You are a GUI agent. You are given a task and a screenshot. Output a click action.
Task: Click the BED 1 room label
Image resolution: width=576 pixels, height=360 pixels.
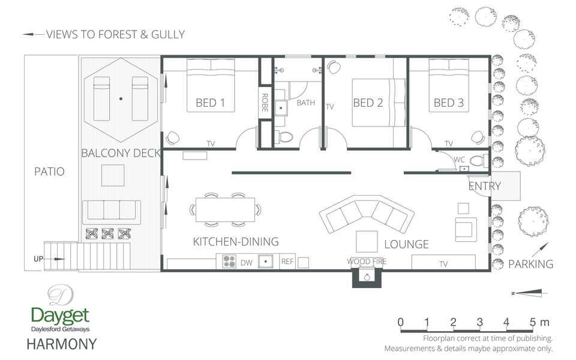[210, 103]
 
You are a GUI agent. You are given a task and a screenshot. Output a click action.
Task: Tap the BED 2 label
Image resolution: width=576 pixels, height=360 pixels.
[368, 103]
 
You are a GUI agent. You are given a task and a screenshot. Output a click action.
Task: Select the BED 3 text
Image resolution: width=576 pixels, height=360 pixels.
[449, 103]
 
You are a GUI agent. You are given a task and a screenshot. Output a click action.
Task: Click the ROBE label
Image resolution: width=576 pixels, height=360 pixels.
[265, 103]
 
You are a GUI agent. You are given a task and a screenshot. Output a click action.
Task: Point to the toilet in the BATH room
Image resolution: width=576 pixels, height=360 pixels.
[284, 137]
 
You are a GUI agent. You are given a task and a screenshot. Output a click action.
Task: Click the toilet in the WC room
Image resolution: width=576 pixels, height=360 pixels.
[479, 161]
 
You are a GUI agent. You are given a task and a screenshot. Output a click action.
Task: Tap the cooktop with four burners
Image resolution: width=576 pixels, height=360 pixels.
[229, 261]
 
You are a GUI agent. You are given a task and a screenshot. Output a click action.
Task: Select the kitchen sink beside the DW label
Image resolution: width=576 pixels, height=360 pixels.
[265, 261]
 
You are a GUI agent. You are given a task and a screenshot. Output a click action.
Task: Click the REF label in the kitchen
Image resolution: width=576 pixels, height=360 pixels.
[287, 261]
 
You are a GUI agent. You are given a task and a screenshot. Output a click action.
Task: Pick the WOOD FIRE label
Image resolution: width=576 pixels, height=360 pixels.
[367, 262]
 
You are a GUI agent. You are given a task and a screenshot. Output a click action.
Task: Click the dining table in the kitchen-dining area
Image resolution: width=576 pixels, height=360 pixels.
[225, 210]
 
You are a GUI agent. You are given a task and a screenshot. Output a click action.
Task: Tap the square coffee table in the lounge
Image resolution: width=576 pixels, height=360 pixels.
[367, 241]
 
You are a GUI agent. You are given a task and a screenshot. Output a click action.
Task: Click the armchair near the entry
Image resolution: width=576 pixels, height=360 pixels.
[466, 230]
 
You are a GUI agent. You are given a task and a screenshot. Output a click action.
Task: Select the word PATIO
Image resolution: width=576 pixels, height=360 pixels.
[49, 172]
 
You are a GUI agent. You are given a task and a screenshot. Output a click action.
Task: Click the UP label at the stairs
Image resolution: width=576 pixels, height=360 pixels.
[38, 259]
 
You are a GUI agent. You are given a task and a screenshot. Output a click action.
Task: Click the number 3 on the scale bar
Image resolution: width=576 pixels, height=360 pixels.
[479, 322]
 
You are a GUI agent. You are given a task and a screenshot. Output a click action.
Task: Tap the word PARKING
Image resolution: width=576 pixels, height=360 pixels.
[530, 264]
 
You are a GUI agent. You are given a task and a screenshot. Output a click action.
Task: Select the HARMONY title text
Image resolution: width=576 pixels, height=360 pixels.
[62, 344]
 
